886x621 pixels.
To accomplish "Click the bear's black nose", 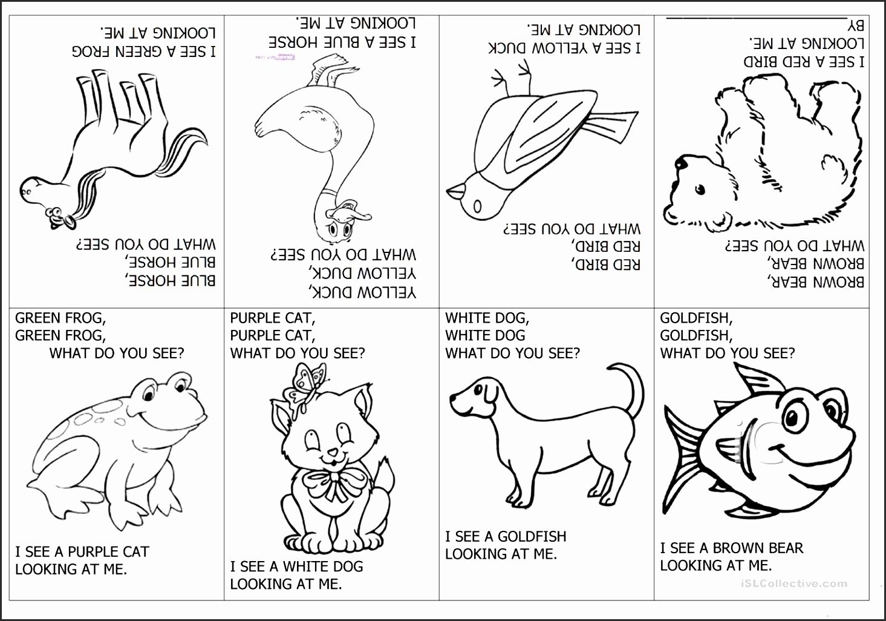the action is pos(681,162).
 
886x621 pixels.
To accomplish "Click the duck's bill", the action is pos(350,214).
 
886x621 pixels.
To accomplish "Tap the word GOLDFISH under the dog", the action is pos(532,537).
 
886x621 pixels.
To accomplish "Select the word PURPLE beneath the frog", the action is pos(93,552).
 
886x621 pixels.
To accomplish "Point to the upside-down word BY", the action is pos(855,27).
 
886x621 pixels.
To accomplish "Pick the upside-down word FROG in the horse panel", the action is pos(90,51).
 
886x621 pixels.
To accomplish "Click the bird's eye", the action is pos(477,206).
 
